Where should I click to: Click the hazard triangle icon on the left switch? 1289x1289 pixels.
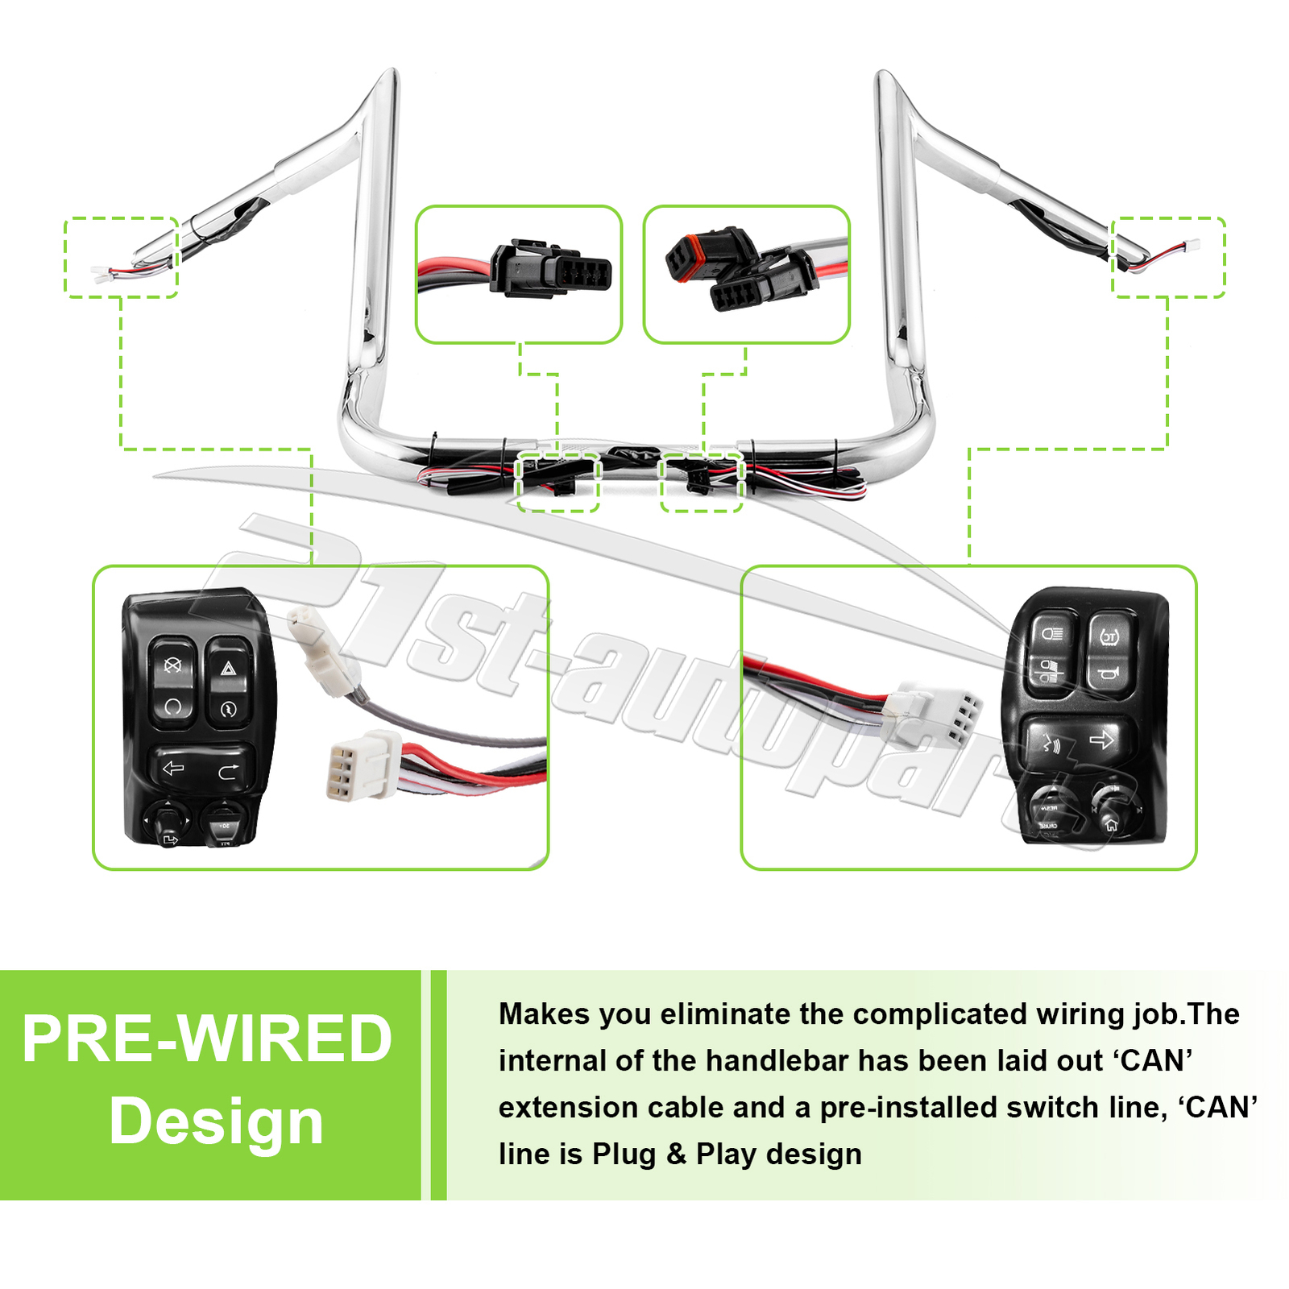228,668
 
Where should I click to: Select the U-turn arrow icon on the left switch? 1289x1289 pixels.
229,772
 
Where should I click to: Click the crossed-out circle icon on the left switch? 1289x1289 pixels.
172,665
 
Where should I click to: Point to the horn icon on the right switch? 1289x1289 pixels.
1108,673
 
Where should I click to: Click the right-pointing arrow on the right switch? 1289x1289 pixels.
1101,740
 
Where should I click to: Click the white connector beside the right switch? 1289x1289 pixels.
934,712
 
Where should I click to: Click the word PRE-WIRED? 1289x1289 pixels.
207,1039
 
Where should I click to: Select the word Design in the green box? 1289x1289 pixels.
216,1121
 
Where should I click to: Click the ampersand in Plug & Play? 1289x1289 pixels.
676,1154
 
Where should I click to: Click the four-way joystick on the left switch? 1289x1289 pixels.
167,820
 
